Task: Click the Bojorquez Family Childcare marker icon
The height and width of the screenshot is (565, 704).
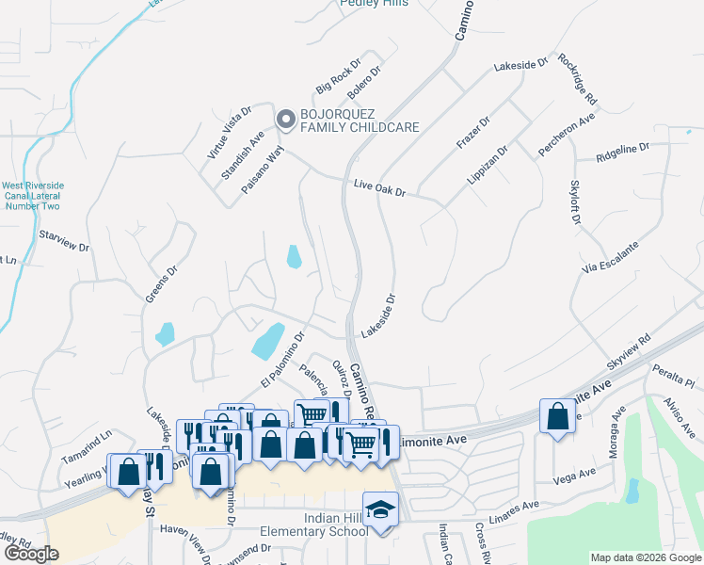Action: (285, 120)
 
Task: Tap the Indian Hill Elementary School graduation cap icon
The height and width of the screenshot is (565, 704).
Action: (380, 509)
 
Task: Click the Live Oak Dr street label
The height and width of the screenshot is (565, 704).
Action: (379, 190)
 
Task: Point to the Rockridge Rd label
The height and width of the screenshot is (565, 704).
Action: (577, 77)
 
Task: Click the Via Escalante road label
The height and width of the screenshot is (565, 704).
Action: (611, 257)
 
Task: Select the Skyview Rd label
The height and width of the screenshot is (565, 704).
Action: (628, 352)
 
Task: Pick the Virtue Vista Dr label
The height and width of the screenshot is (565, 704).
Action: (230, 132)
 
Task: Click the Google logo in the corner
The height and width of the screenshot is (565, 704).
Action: (31, 554)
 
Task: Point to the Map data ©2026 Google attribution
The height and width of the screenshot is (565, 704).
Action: (645, 557)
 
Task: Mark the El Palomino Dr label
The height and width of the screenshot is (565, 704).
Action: (283, 359)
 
